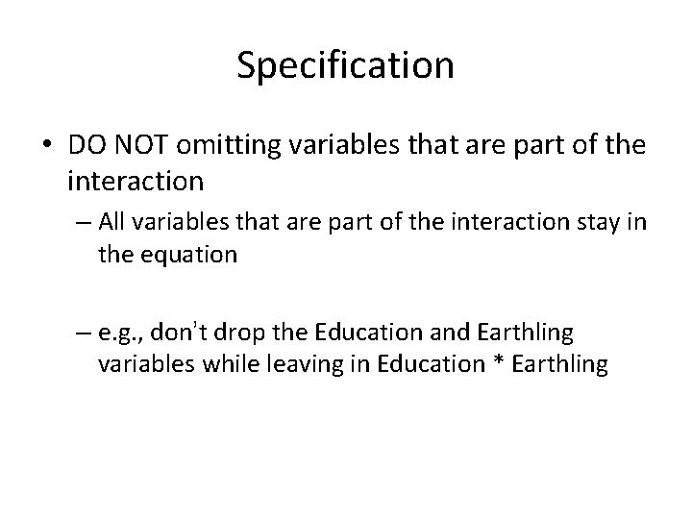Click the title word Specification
[345, 65]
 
